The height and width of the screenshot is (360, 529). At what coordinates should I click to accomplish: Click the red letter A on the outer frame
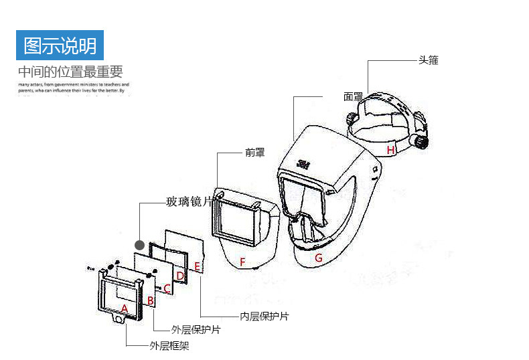point(124,308)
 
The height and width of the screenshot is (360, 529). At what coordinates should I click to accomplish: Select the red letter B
point(151,301)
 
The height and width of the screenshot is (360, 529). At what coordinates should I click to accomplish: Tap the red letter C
point(167,288)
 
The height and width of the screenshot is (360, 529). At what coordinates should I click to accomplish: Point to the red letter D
point(180,276)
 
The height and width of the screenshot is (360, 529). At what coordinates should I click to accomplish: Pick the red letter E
point(197,267)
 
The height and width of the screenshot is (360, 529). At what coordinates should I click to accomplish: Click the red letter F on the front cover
point(243,261)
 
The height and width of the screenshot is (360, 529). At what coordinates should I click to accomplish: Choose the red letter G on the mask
point(319,258)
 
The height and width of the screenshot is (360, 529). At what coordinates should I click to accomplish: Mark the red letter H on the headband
point(390,150)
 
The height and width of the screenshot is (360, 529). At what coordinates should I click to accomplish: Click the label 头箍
point(429,60)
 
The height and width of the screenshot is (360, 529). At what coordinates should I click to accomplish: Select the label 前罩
point(254,153)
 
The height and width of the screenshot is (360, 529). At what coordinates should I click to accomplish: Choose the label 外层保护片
point(196,330)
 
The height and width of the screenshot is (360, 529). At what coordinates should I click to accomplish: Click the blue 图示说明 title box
point(60,46)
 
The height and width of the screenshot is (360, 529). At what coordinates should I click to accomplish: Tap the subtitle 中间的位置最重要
point(70,72)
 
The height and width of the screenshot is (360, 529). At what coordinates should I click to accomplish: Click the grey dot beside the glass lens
point(140,244)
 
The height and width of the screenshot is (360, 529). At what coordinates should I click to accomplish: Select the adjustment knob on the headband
point(419,142)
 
